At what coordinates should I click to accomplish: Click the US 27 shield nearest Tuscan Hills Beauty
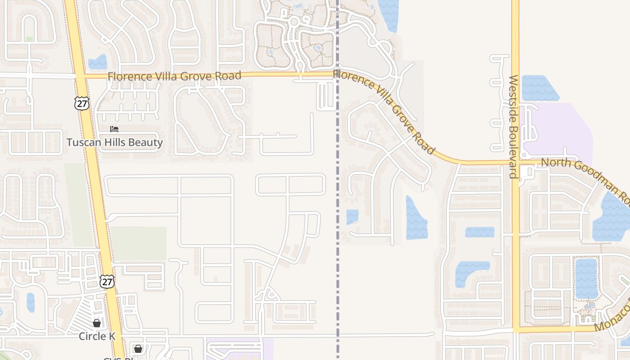pyautogui.click(x=82, y=103)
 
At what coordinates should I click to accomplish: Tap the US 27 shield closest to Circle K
pyautogui.click(x=107, y=282)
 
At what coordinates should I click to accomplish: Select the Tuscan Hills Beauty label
pyautogui.click(x=114, y=143)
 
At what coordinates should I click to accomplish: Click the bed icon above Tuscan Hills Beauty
pyautogui.click(x=114, y=129)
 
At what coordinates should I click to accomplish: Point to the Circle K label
pyautogui.click(x=97, y=336)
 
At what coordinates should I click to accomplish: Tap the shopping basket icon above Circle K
pyautogui.click(x=96, y=323)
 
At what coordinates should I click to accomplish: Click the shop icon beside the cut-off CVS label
pyautogui.click(x=138, y=348)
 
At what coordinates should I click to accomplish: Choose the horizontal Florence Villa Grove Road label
pyautogui.click(x=175, y=76)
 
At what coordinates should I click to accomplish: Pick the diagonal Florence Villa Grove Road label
pyautogui.click(x=385, y=111)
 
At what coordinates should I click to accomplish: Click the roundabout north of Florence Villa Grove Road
pyautogui.click(x=294, y=21)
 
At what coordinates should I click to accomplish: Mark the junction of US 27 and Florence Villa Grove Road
pyautogui.click(x=80, y=76)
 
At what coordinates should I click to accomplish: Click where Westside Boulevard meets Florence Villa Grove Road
pyautogui.click(x=515, y=162)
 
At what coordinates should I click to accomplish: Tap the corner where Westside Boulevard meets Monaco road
pyautogui.click(x=516, y=329)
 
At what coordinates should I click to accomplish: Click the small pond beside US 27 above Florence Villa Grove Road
pyautogui.click(x=98, y=62)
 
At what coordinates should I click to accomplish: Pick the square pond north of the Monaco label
pyautogui.click(x=586, y=278)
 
